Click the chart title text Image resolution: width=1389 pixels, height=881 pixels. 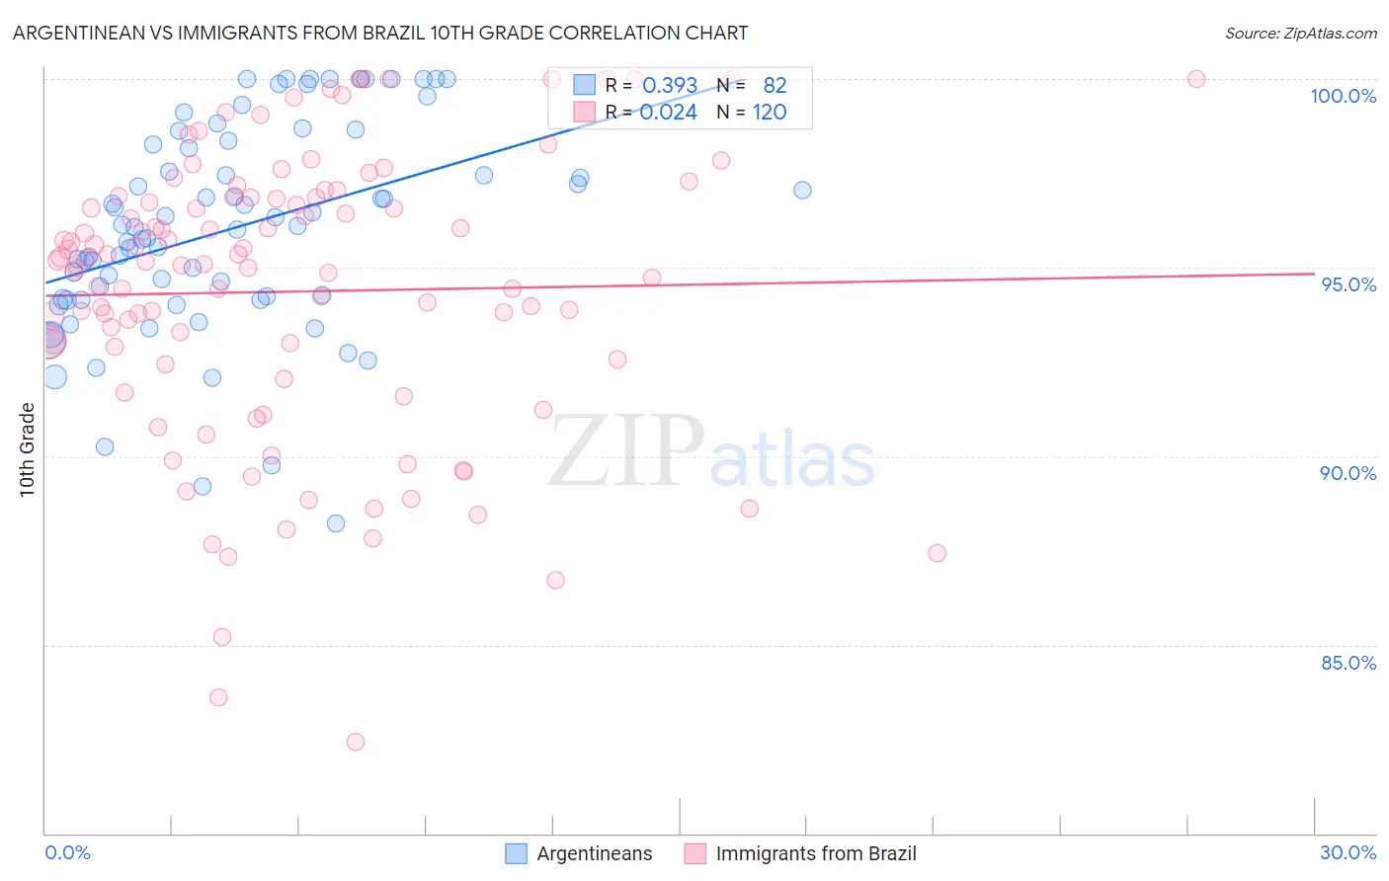tap(380, 33)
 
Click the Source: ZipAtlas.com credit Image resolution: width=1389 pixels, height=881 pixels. tap(1300, 33)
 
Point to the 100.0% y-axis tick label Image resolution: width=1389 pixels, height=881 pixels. tap(1343, 96)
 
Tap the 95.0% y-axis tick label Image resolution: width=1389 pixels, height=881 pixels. tap(1348, 284)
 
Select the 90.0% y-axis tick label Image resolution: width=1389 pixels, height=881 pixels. tap(1348, 473)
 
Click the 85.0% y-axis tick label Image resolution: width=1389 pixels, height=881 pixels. tap(1348, 663)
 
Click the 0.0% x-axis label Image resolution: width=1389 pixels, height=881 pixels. tap(67, 852)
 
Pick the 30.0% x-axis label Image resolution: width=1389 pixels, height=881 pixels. tap(1348, 852)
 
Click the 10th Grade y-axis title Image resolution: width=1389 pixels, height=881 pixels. tap(27, 449)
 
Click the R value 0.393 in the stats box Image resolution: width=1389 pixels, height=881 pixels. tap(670, 86)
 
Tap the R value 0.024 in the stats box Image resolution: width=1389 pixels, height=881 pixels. tap(668, 113)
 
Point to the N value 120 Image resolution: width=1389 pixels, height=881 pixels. tap(770, 113)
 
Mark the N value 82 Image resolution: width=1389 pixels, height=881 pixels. tap(775, 86)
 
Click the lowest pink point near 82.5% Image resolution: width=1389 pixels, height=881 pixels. tap(356, 742)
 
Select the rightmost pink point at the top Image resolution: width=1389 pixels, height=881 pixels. tap(1196, 79)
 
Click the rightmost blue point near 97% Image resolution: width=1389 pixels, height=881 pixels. tap(802, 190)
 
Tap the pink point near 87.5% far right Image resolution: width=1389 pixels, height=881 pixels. tap(937, 553)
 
